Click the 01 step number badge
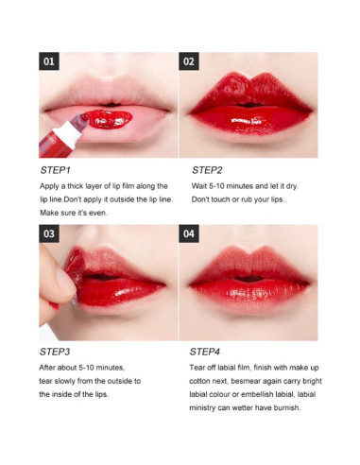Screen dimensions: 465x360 (x=50, y=62)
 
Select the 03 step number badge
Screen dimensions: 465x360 (x=50, y=233)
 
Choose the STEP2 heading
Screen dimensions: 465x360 (x=207, y=170)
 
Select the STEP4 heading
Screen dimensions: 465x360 (x=207, y=351)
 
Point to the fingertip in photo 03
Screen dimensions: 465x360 (x=64, y=282)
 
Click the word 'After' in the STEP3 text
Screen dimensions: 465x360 (x=49, y=368)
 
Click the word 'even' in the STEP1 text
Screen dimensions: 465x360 (x=103, y=214)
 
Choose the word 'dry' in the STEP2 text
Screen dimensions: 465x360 (x=296, y=187)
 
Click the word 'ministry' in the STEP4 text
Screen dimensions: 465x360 (x=208, y=408)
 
